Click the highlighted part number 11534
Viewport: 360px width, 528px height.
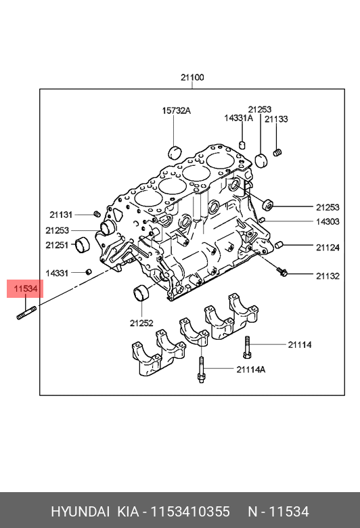26,288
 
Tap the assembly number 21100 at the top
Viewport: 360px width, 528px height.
192,77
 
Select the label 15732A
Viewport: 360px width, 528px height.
176,110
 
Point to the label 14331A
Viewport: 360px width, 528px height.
238,118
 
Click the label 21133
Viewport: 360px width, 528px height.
276,119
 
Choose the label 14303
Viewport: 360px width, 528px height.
328,221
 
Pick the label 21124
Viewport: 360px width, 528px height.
328,248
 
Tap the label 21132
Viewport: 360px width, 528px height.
328,276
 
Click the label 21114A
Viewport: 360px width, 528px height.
250,370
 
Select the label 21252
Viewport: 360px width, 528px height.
141,323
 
